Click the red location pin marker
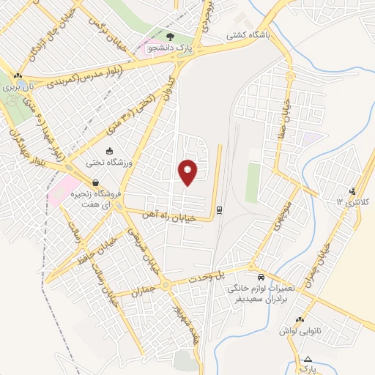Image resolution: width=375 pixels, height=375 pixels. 187,171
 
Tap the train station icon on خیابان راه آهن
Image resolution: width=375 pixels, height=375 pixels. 220,211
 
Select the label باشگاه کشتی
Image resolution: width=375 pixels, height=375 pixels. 246,34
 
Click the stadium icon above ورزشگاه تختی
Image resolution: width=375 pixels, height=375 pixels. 109,152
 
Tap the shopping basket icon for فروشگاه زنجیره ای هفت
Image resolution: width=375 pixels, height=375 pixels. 95,182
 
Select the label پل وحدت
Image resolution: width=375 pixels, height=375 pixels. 229,273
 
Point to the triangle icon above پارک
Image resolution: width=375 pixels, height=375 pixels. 308,359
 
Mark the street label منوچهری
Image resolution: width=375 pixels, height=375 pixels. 283,214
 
